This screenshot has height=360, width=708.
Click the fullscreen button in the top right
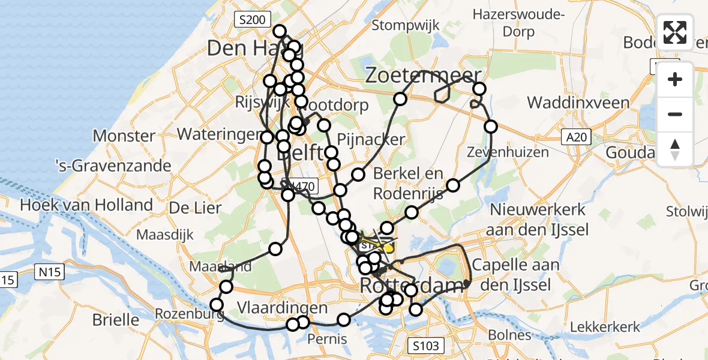(675, 32)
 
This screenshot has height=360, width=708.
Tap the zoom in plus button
(675, 79)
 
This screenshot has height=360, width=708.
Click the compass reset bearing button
(675, 149)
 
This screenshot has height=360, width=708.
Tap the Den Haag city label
(247, 48)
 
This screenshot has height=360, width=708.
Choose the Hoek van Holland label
(86, 205)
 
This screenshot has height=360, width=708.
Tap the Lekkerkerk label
(604, 327)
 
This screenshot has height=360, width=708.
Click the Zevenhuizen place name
(508, 152)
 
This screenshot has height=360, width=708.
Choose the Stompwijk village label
(406, 25)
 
